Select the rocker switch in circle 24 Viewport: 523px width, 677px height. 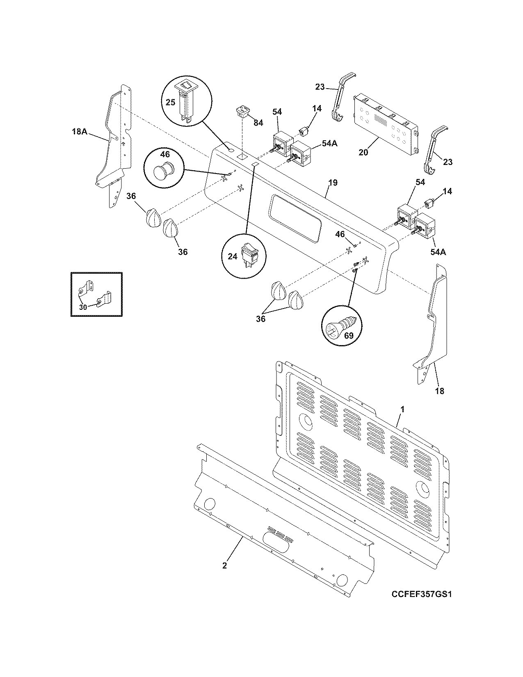(x=250, y=255)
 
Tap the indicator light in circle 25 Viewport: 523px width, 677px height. (x=186, y=100)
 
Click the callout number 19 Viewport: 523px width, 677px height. (x=333, y=183)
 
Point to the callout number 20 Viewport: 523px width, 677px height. (x=363, y=153)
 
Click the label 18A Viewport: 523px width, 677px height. (x=79, y=132)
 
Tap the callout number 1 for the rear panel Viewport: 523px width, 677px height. (x=402, y=409)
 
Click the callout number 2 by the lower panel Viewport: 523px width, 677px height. (x=224, y=565)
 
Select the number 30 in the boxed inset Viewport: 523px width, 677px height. (x=83, y=306)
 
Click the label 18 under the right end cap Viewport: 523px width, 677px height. (x=439, y=391)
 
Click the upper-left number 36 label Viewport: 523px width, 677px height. (x=131, y=197)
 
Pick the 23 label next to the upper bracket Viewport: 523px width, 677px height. (x=320, y=87)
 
